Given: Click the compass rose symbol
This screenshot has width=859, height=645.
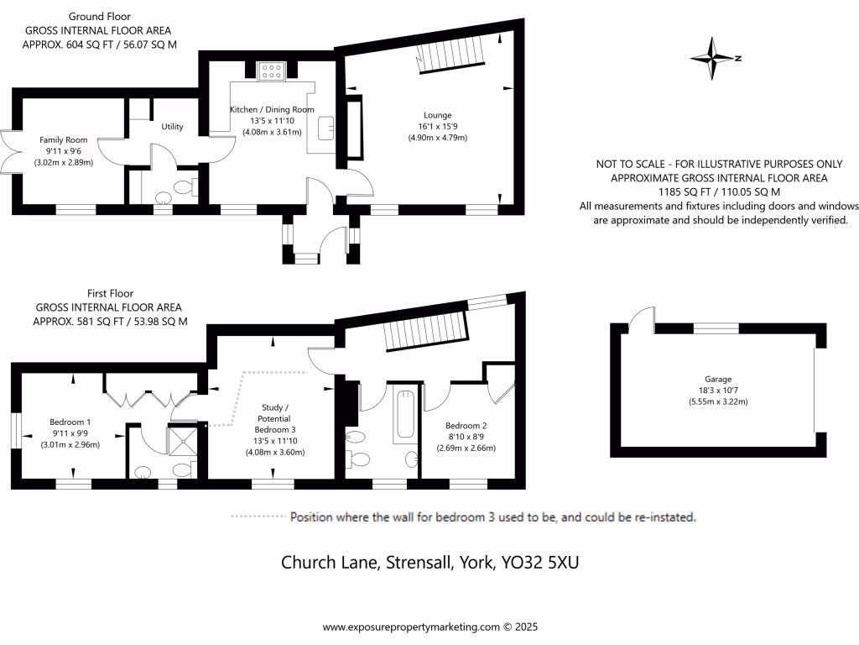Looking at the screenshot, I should coord(714,59).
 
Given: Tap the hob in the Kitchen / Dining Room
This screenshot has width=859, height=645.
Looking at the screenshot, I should coord(271,71).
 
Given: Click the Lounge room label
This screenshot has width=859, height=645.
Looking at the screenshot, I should coord(437,115).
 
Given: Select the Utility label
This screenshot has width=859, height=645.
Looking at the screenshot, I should coord(173,127).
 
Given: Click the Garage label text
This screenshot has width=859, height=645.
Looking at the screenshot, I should coord(718,379).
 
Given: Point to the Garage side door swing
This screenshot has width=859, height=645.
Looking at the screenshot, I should coord(640,317).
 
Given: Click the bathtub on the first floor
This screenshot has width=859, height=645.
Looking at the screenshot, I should coord(404,416).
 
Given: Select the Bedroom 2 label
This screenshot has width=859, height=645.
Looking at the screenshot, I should coord(466,425).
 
